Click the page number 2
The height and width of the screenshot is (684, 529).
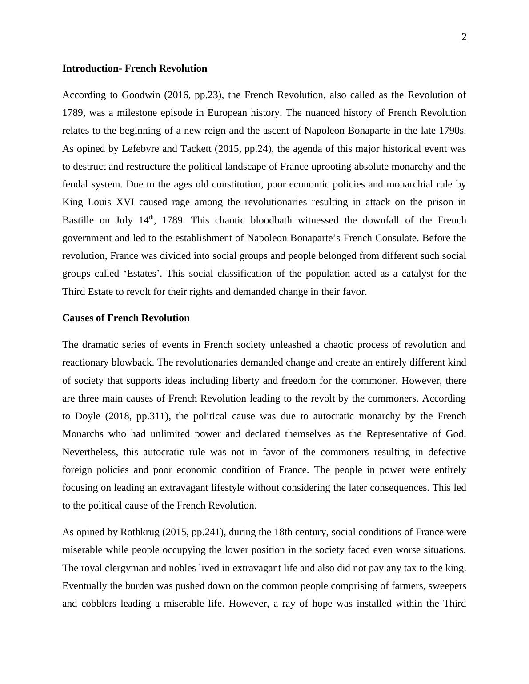click(464, 37)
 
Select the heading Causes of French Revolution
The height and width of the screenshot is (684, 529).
click(126, 318)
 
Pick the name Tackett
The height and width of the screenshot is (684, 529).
click(195, 149)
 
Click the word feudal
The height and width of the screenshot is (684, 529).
click(75, 184)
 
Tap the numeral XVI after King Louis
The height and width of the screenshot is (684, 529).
click(126, 202)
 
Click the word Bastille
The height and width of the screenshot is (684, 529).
click(78, 220)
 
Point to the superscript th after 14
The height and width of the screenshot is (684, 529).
click(151, 218)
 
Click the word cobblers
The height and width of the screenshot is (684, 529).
click(97, 604)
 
